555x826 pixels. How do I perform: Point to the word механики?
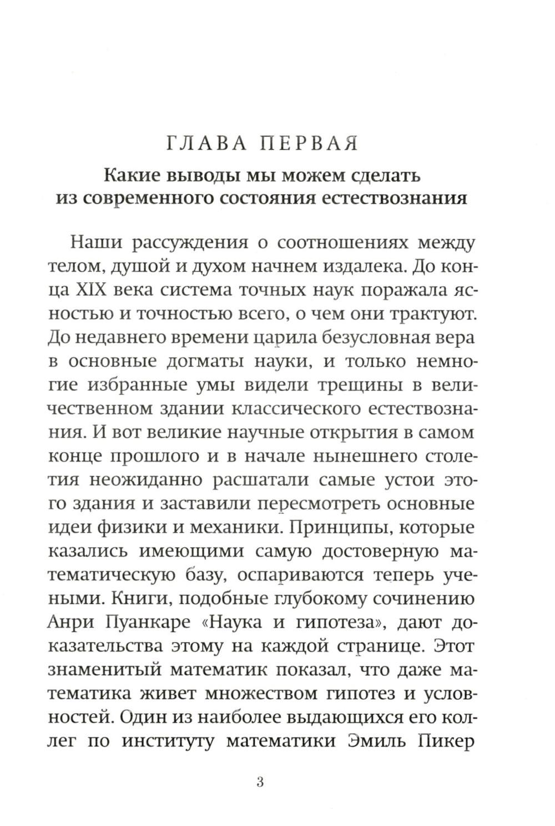[x=236, y=527]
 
